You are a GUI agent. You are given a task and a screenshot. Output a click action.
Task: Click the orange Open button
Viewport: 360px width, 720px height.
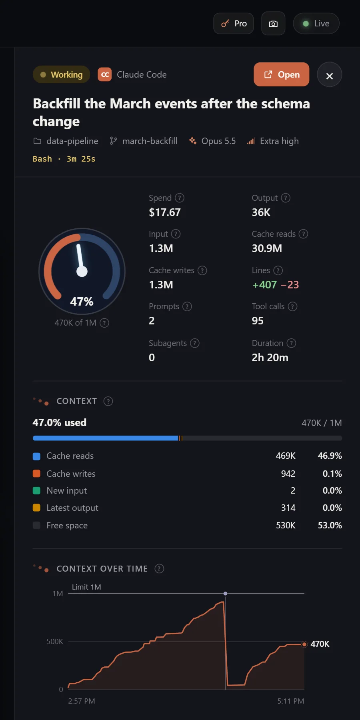point(282,74)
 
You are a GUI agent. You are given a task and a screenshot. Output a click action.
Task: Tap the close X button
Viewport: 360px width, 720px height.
point(329,75)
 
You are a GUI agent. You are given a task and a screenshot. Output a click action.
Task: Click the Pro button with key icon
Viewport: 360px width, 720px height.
point(234,24)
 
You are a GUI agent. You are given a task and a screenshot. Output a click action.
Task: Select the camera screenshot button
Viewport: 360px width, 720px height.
point(273,24)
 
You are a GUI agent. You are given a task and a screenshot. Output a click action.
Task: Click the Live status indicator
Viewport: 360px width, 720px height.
point(316,24)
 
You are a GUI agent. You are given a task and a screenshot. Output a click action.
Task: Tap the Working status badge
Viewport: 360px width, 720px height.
point(61,74)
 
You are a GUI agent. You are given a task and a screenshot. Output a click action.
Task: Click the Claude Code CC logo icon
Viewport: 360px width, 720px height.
point(105,74)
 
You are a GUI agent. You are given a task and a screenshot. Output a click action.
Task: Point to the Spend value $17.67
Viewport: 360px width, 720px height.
point(165,212)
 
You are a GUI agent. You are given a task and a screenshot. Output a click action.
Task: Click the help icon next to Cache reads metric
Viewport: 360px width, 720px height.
point(304,234)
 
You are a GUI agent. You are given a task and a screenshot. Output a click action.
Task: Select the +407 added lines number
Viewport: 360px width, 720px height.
point(264,285)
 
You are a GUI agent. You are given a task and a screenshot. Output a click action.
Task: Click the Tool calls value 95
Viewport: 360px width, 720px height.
point(258,321)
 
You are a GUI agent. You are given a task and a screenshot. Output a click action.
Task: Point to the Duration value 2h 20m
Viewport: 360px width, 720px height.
point(270,358)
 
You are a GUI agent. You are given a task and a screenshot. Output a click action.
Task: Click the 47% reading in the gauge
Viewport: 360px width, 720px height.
point(82,302)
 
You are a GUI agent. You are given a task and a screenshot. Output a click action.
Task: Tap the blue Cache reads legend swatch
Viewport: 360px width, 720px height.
point(36,456)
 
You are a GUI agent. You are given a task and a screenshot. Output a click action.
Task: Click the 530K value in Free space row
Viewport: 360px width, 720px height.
point(286,525)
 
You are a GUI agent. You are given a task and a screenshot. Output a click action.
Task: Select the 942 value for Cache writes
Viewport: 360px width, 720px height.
point(288,474)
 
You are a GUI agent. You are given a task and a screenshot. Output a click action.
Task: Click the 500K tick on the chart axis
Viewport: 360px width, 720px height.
point(55,642)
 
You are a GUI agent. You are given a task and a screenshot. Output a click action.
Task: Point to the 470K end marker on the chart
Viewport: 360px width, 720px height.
point(304,644)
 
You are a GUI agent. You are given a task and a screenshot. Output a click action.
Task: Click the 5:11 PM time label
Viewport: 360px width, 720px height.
point(291,701)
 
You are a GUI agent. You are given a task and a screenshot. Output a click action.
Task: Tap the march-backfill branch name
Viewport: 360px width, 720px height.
point(150,141)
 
